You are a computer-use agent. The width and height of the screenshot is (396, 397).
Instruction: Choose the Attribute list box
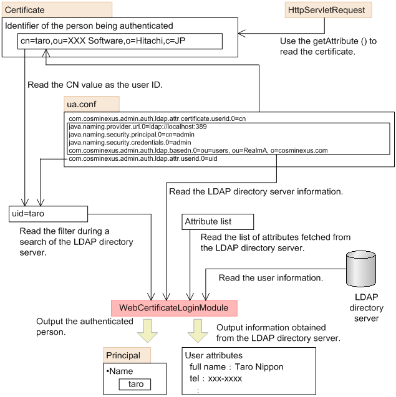217,222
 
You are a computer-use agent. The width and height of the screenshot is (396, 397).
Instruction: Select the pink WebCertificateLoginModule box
174,309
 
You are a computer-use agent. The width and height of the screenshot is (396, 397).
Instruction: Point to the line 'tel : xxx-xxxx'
216,378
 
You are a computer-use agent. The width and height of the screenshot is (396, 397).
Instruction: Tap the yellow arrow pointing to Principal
148,330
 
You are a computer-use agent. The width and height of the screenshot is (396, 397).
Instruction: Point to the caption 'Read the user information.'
271,278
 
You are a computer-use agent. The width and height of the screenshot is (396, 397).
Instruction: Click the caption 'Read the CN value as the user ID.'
95,85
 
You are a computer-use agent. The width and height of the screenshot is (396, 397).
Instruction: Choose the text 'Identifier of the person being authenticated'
89,26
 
